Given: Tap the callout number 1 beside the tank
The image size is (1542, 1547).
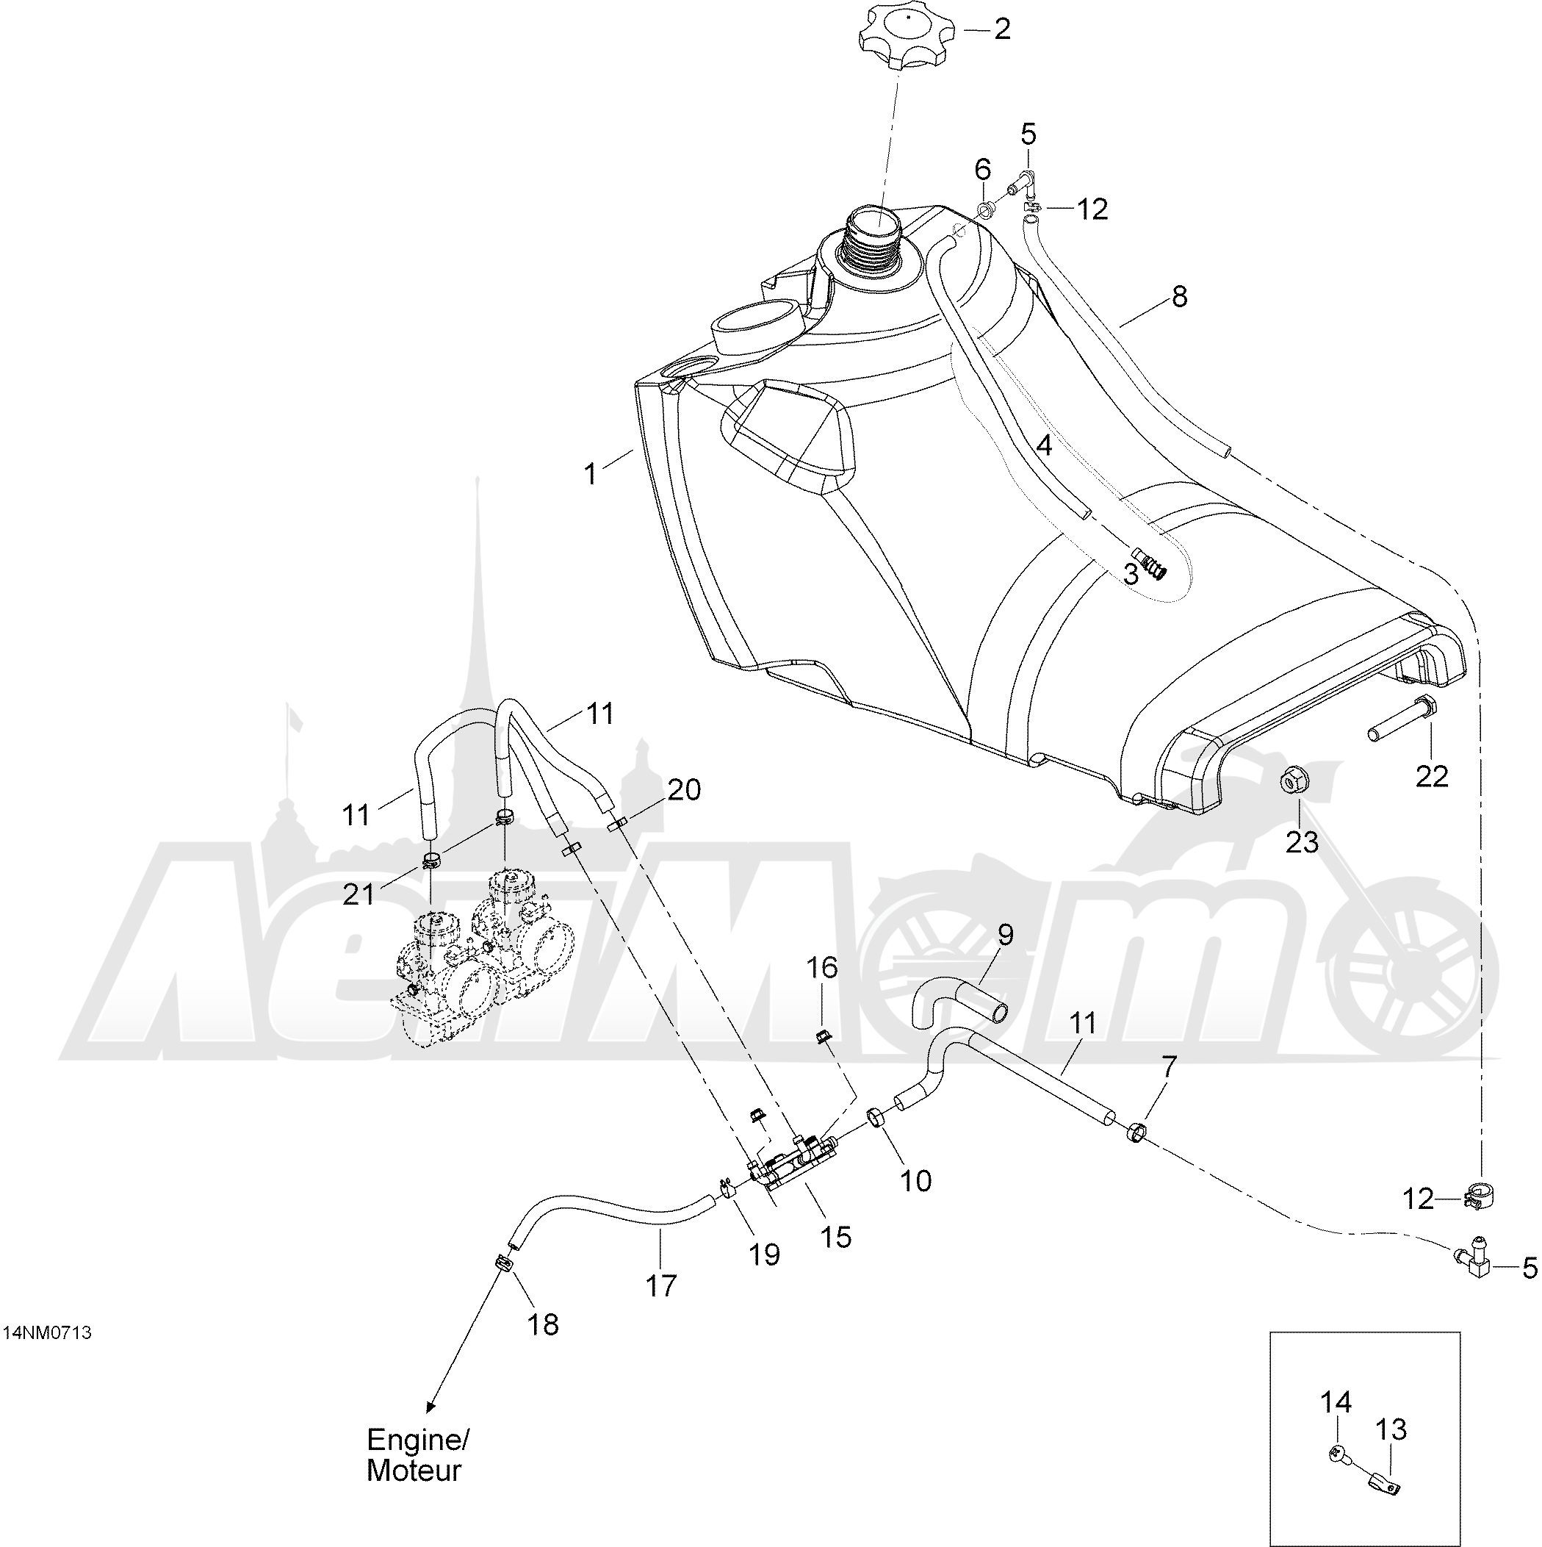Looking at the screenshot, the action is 591,475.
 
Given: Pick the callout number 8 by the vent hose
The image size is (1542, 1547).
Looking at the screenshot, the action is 1179,297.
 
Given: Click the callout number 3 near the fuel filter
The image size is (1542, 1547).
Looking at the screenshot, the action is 1131,574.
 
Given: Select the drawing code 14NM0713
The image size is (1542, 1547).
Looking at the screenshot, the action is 48,1332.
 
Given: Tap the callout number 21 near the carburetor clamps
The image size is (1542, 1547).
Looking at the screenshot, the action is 359,894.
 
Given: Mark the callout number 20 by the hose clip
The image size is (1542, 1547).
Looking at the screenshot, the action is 685,789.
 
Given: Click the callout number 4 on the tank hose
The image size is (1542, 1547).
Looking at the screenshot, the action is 1044,446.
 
